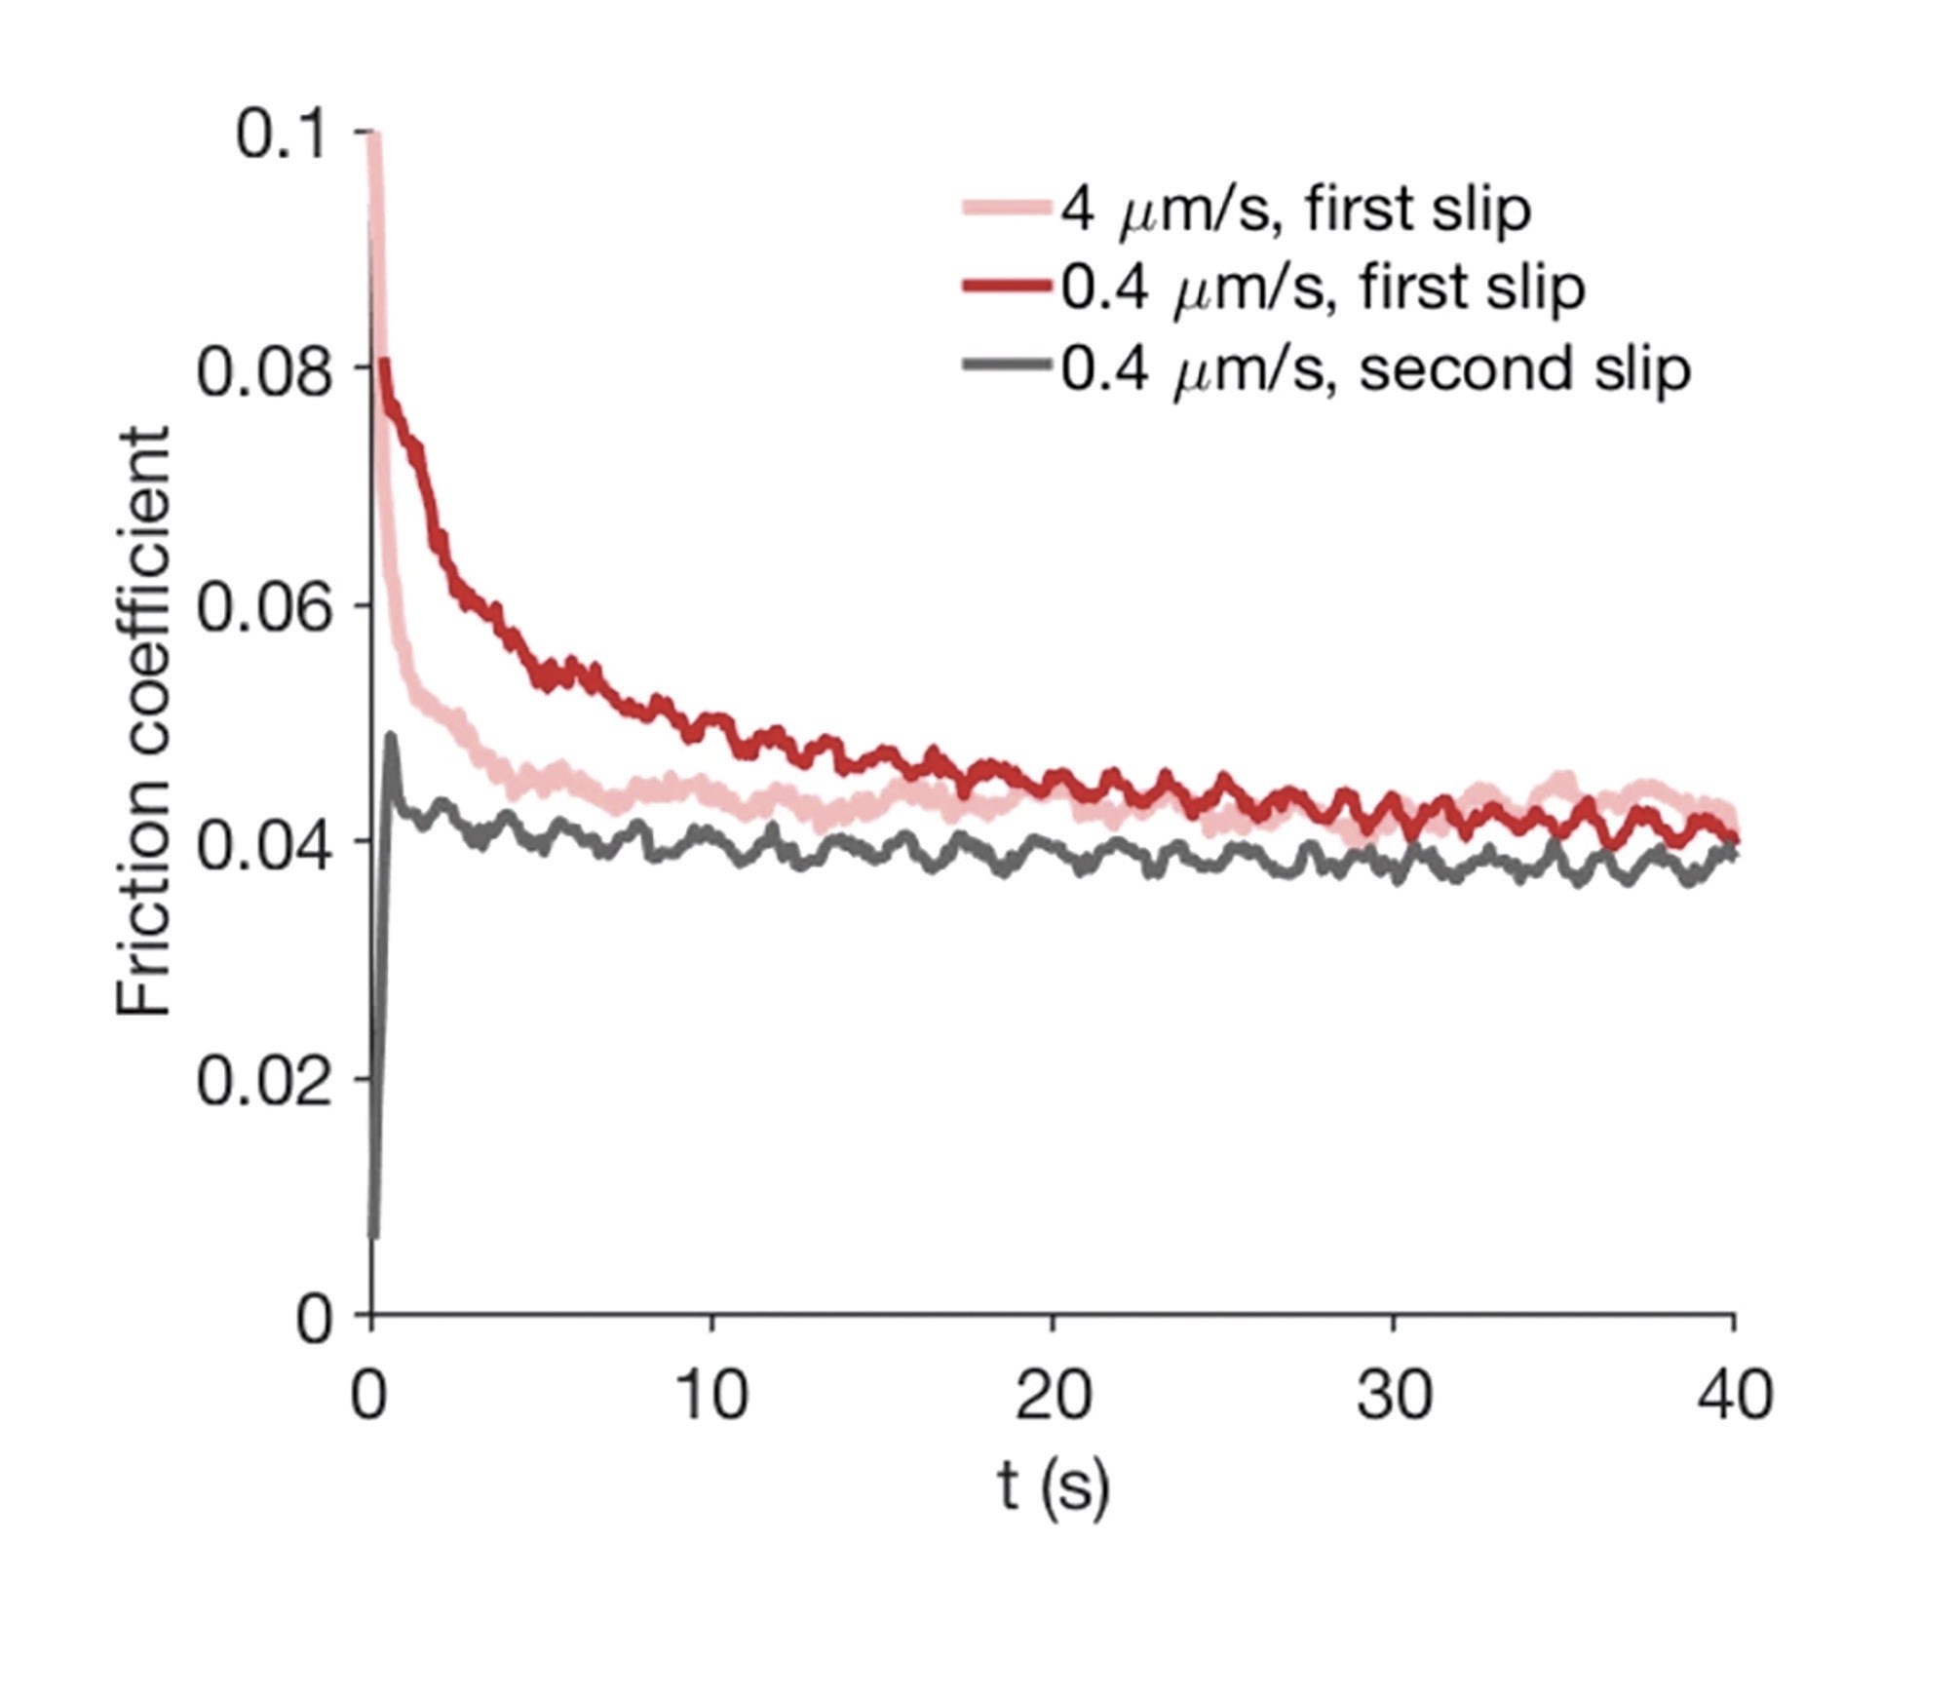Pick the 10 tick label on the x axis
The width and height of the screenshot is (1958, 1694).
pyautogui.click(x=712, y=1396)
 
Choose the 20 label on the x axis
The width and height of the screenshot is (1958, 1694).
pyautogui.click(x=1053, y=1396)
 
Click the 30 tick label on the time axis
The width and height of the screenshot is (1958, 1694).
pyautogui.click(x=1394, y=1396)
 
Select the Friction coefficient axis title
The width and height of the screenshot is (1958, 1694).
pyautogui.click(x=144, y=721)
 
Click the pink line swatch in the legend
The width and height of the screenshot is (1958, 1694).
pyautogui.click(x=1007, y=208)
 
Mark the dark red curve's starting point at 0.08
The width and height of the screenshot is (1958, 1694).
pyautogui.click(x=385, y=364)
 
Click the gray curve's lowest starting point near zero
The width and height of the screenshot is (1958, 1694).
pyautogui.click(x=373, y=1236)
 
